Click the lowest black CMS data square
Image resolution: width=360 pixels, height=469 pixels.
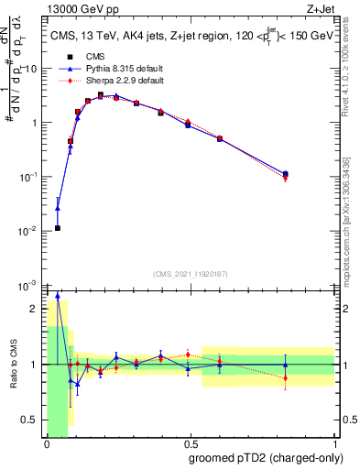pyautogui.click(x=57, y=228)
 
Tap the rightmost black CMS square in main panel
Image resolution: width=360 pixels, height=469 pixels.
pyautogui.click(x=286, y=173)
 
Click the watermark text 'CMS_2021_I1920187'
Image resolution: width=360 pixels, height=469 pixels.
pyautogui.click(x=190, y=274)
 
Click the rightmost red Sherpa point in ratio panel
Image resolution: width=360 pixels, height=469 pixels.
pyautogui.click(x=286, y=377)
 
